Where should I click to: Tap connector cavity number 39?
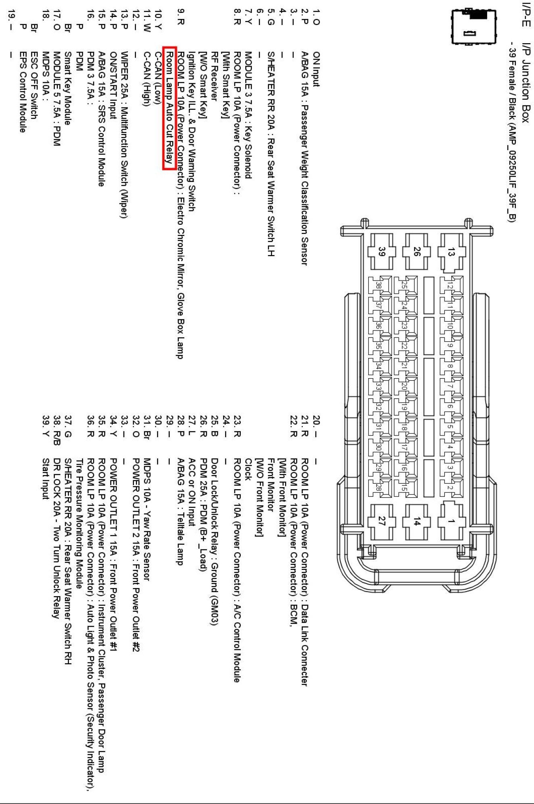coord(382,252)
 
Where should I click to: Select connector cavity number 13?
coord(451,252)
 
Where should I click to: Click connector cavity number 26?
coord(417,252)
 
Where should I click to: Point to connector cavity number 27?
coord(382,521)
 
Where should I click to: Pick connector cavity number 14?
coord(417,521)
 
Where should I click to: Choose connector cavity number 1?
coord(451,521)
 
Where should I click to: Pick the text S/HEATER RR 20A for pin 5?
coord(271,92)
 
